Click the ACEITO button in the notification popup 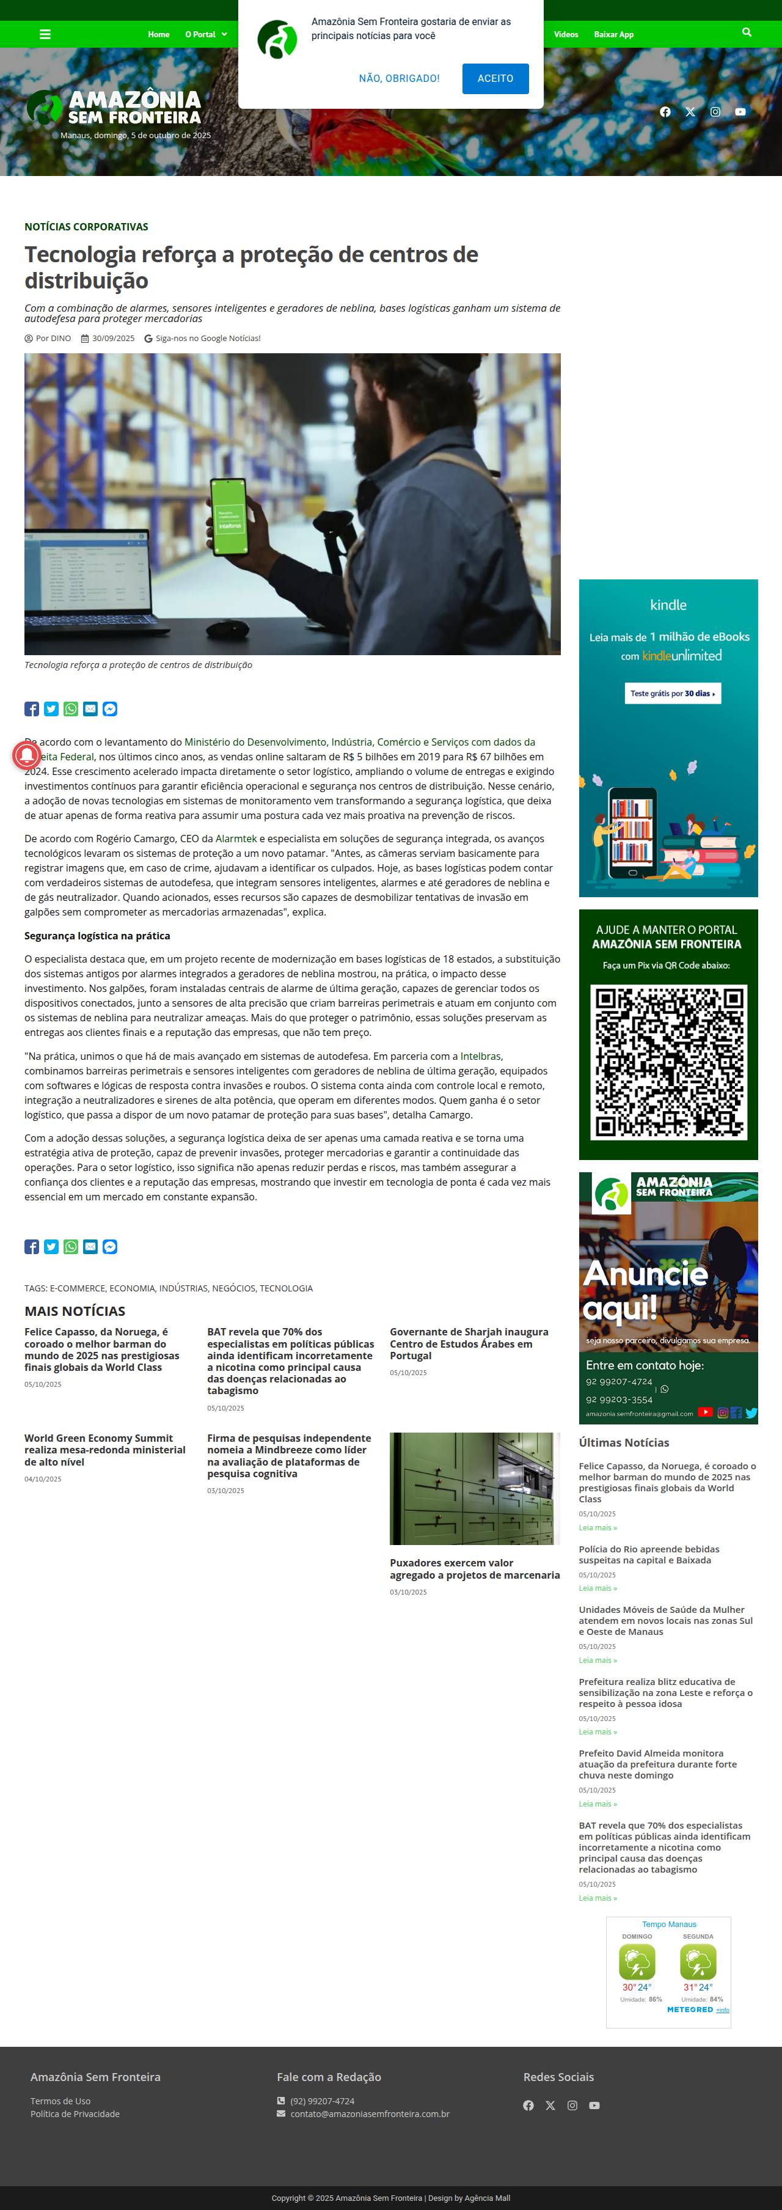(495, 78)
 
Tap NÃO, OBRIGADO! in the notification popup (399, 78)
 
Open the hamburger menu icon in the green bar (45, 34)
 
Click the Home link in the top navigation (159, 34)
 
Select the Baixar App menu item (613, 34)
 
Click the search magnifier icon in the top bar (746, 32)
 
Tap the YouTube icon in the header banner (740, 111)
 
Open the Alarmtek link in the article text (236, 838)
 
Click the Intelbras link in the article (480, 1056)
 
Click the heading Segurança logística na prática (97, 936)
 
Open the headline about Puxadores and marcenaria (474, 1568)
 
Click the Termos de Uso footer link (60, 2101)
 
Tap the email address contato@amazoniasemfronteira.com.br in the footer (370, 2114)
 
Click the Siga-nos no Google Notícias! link (208, 338)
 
